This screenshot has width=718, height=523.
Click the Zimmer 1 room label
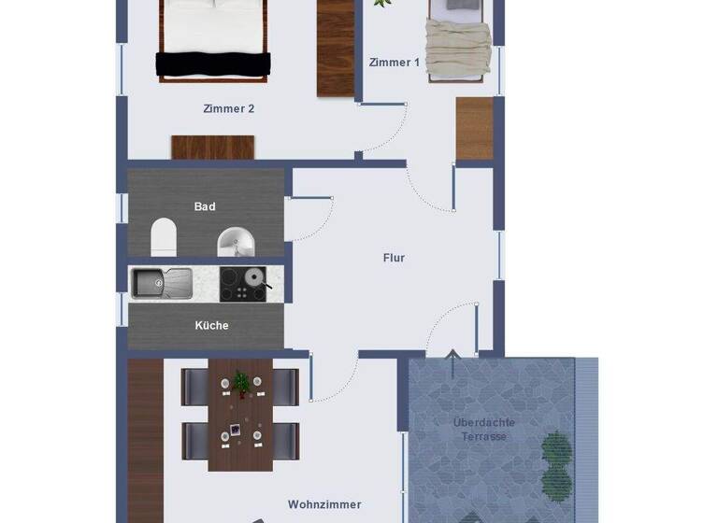tap(394, 63)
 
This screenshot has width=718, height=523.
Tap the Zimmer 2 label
tap(228, 108)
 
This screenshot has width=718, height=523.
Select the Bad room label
tap(205, 206)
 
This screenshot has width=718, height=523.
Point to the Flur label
tap(394, 258)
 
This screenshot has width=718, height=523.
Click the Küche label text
tap(211, 326)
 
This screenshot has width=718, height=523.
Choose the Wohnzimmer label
tap(324, 504)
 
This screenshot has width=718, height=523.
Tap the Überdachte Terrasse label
tap(483, 430)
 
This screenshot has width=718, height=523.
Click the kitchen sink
tap(160, 283)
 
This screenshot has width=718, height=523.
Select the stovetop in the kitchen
tap(244, 283)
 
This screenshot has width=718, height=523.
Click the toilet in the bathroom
tap(164, 237)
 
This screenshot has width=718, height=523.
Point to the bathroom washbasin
tap(234, 243)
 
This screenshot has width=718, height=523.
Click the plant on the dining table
tap(241, 383)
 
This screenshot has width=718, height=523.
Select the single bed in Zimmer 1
tap(458, 42)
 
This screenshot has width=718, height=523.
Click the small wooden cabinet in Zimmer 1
tap(474, 128)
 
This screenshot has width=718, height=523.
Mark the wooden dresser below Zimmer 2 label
tap(213, 148)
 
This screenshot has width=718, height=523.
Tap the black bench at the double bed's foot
tap(213, 64)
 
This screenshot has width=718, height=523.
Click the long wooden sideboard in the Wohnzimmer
tap(145, 439)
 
